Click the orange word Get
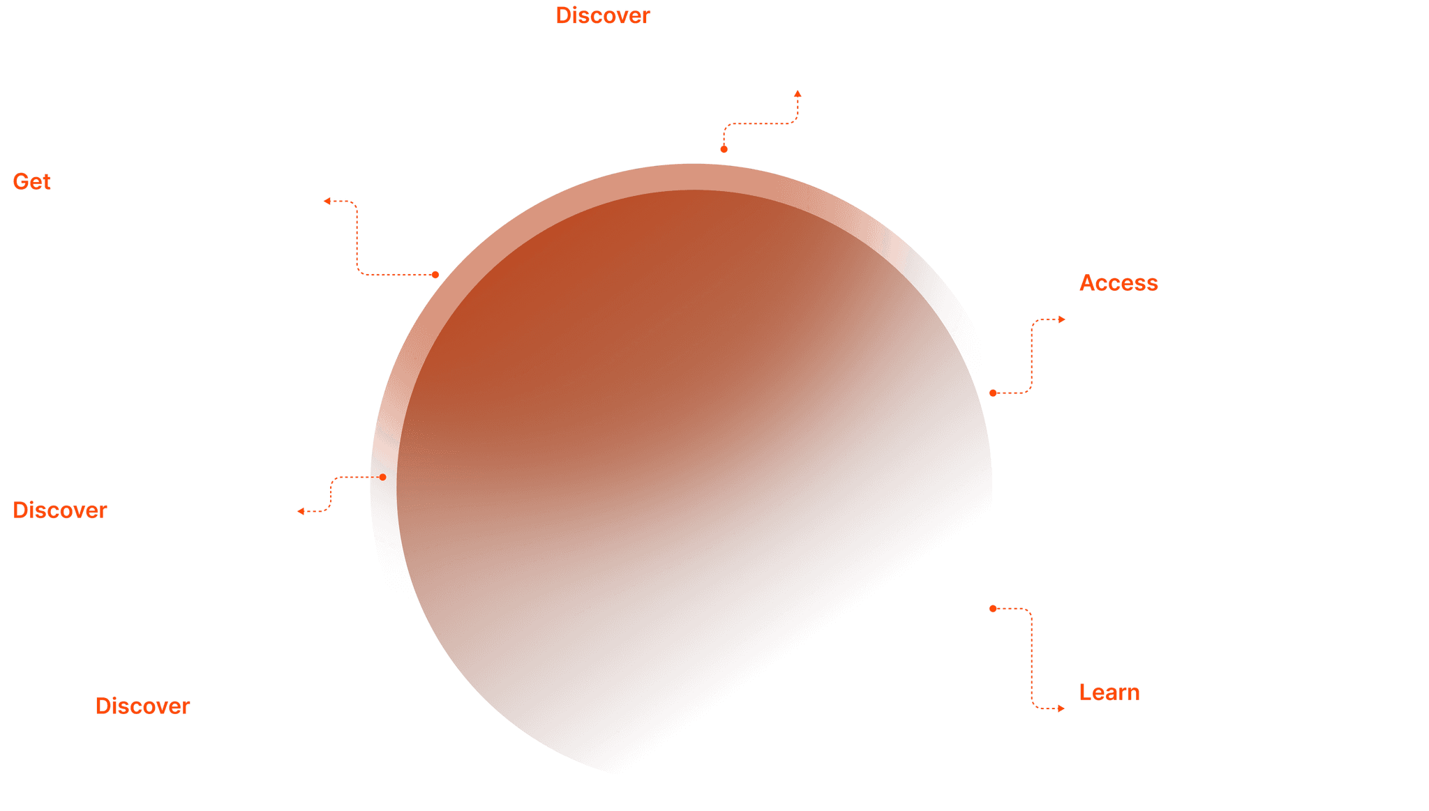[x=31, y=182]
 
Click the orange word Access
[x=1118, y=283]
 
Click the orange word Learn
[x=1109, y=692]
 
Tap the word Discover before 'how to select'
[x=602, y=16]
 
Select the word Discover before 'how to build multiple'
[x=142, y=706]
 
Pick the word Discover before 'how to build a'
[x=59, y=510]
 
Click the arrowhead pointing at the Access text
[x=1062, y=319]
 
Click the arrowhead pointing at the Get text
[x=327, y=202]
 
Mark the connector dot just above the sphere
[x=724, y=149]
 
